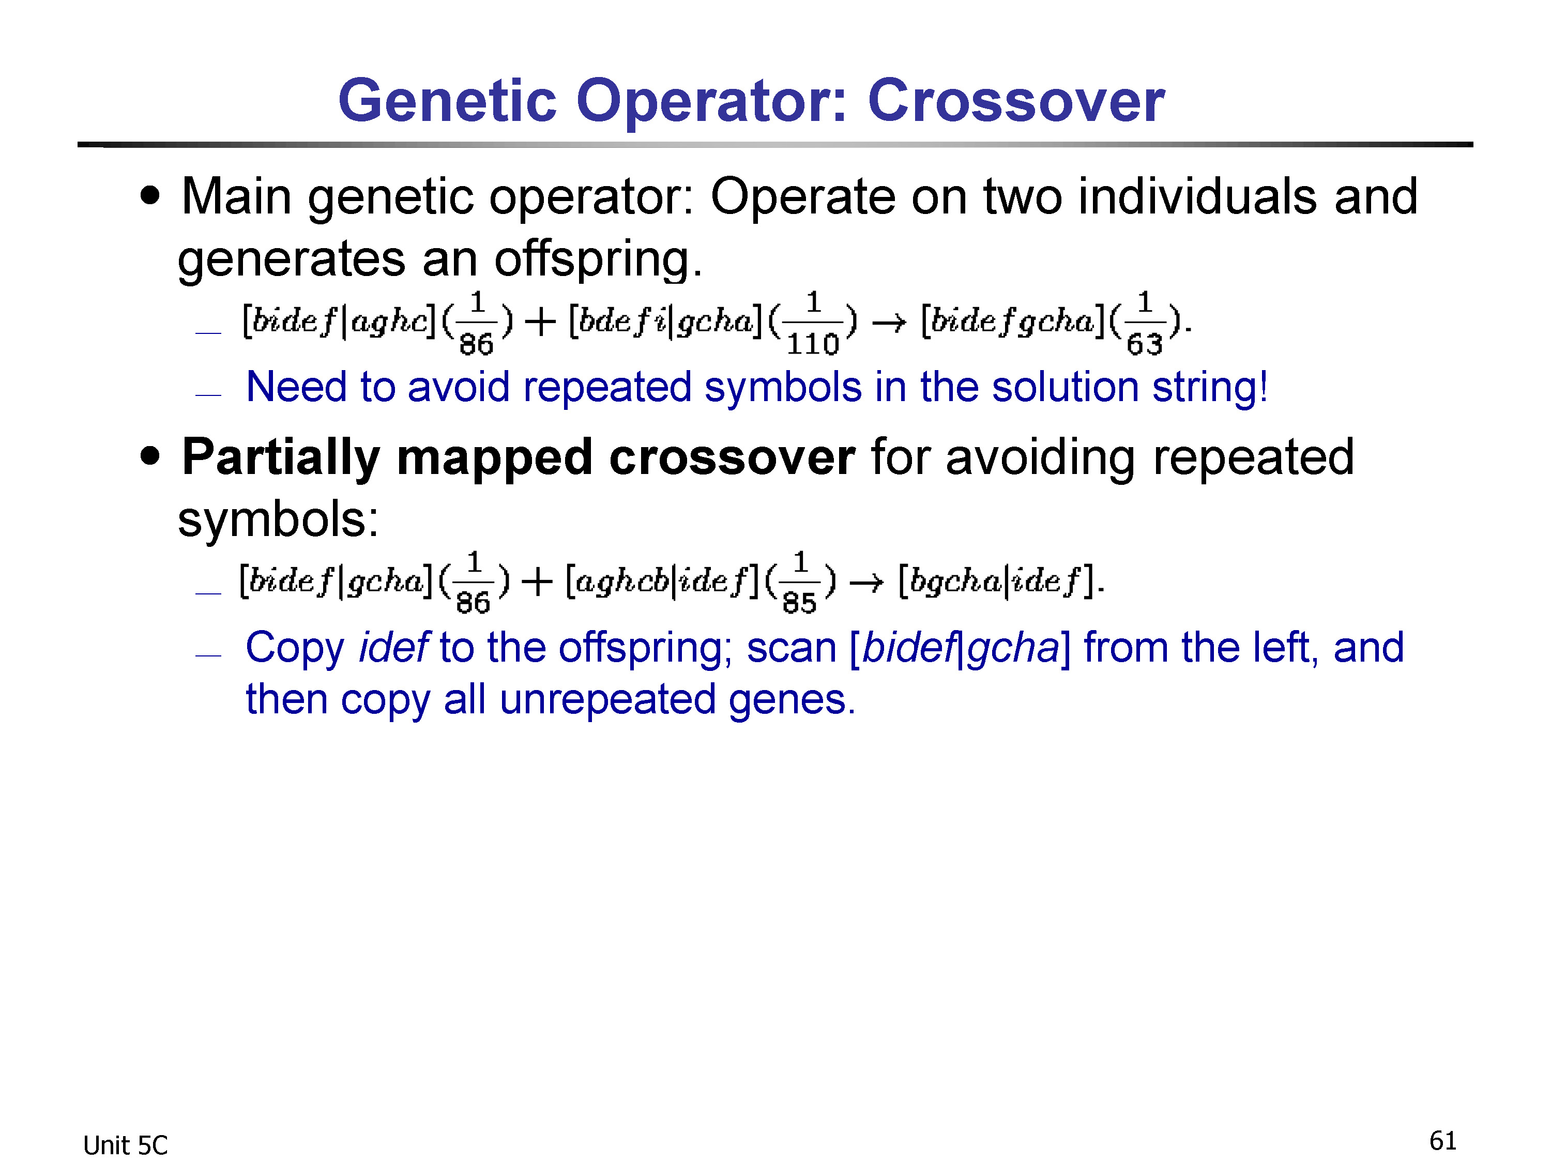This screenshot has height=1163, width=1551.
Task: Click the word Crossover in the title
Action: click(1016, 100)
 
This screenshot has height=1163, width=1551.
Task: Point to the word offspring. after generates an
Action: click(598, 260)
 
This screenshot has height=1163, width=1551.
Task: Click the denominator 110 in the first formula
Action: click(813, 344)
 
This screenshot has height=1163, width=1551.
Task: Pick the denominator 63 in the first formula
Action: click(1144, 344)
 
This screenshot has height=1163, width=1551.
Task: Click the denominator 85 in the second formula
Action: click(799, 603)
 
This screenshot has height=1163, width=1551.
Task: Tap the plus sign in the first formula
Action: click(540, 323)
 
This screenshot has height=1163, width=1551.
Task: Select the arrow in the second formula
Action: click(866, 583)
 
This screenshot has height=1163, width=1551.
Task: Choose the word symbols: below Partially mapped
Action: click(278, 519)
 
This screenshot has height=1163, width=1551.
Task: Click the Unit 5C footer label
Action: click(126, 1145)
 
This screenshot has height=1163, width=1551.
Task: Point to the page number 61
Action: click(1443, 1141)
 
